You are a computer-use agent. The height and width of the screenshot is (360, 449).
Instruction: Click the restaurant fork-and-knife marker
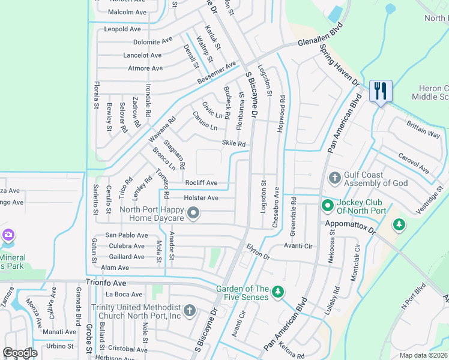pos(381,92)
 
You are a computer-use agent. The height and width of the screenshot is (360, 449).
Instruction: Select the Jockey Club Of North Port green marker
pos(327,206)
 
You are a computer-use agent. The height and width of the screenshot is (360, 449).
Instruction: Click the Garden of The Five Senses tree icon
pos(277,292)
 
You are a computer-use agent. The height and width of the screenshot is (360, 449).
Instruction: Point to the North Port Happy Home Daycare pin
pos(193,213)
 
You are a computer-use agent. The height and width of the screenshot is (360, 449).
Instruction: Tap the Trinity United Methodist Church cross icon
pos(189,310)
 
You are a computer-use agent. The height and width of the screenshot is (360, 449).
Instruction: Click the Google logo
pos(20,353)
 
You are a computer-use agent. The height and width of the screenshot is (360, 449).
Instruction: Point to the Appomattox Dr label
pos(349,226)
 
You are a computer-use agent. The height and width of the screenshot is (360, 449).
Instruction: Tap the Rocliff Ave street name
pos(201,183)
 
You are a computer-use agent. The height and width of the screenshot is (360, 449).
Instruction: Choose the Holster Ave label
pos(200,197)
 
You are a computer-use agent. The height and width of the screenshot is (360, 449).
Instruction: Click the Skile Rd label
pos(234,143)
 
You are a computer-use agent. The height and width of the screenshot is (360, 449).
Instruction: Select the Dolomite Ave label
pos(152,42)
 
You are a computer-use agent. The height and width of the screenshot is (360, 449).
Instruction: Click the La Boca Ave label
pos(124,295)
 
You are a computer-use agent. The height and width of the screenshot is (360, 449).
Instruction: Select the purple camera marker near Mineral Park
pos(8,235)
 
